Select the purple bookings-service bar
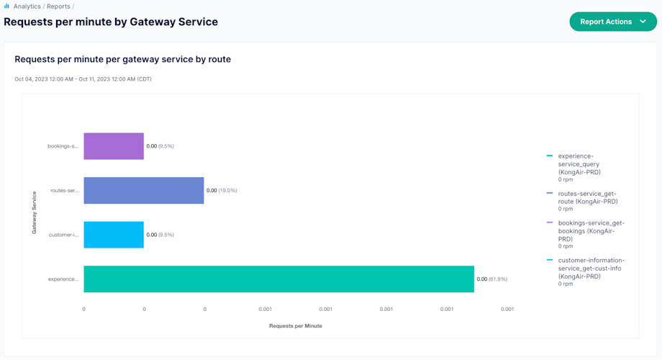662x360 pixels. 114,145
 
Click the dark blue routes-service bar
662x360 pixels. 143,190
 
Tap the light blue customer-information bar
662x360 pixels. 114,235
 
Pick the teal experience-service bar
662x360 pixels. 278,279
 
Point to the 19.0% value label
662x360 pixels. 222,191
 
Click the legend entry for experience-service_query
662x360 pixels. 582,164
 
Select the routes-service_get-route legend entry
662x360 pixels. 586,197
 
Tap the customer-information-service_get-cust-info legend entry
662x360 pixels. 590,268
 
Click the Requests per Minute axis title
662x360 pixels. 295,326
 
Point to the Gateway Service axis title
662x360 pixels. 35,212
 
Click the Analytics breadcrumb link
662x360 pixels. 27,6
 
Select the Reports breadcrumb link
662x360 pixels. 58,6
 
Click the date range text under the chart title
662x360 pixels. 83,79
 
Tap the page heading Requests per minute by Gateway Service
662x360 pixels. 111,22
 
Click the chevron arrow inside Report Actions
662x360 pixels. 643,22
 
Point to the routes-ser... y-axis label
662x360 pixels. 64,191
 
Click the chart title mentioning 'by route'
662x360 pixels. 122,59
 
